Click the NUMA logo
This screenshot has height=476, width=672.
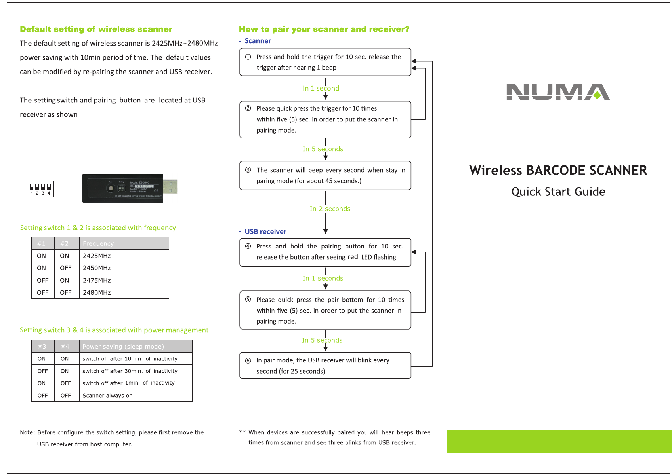tap(558, 92)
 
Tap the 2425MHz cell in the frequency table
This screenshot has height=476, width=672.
tap(97, 256)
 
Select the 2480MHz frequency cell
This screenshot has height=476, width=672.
tap(97, 292)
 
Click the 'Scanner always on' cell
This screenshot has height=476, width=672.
tap(107, 395)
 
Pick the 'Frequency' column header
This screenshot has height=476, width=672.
tap(98, 243)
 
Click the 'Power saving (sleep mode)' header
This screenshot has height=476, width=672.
tap(123, 347)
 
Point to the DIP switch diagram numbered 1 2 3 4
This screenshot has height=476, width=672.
tap(40, 189)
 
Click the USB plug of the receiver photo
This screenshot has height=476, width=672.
tap(170, 187)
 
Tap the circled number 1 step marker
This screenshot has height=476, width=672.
tap(248, 57)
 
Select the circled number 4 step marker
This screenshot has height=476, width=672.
tap(248, 246)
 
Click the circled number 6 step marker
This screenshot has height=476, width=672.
tap(248, 360)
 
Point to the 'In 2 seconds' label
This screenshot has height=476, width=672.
tap(330, 209)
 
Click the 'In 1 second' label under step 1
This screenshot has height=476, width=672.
tap(321, 88)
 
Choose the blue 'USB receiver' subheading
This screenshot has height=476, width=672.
tap(265, 232)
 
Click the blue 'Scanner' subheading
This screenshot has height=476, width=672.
tap(258, 41)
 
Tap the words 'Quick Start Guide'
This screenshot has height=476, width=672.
tap(558, 192)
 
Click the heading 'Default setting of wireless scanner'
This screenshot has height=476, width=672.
tap(96, 29)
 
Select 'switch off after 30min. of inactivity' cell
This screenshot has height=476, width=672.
tap(130, 371)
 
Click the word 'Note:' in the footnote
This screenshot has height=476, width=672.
tap(27, 432)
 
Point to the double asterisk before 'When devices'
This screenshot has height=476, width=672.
tap(242, 432)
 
